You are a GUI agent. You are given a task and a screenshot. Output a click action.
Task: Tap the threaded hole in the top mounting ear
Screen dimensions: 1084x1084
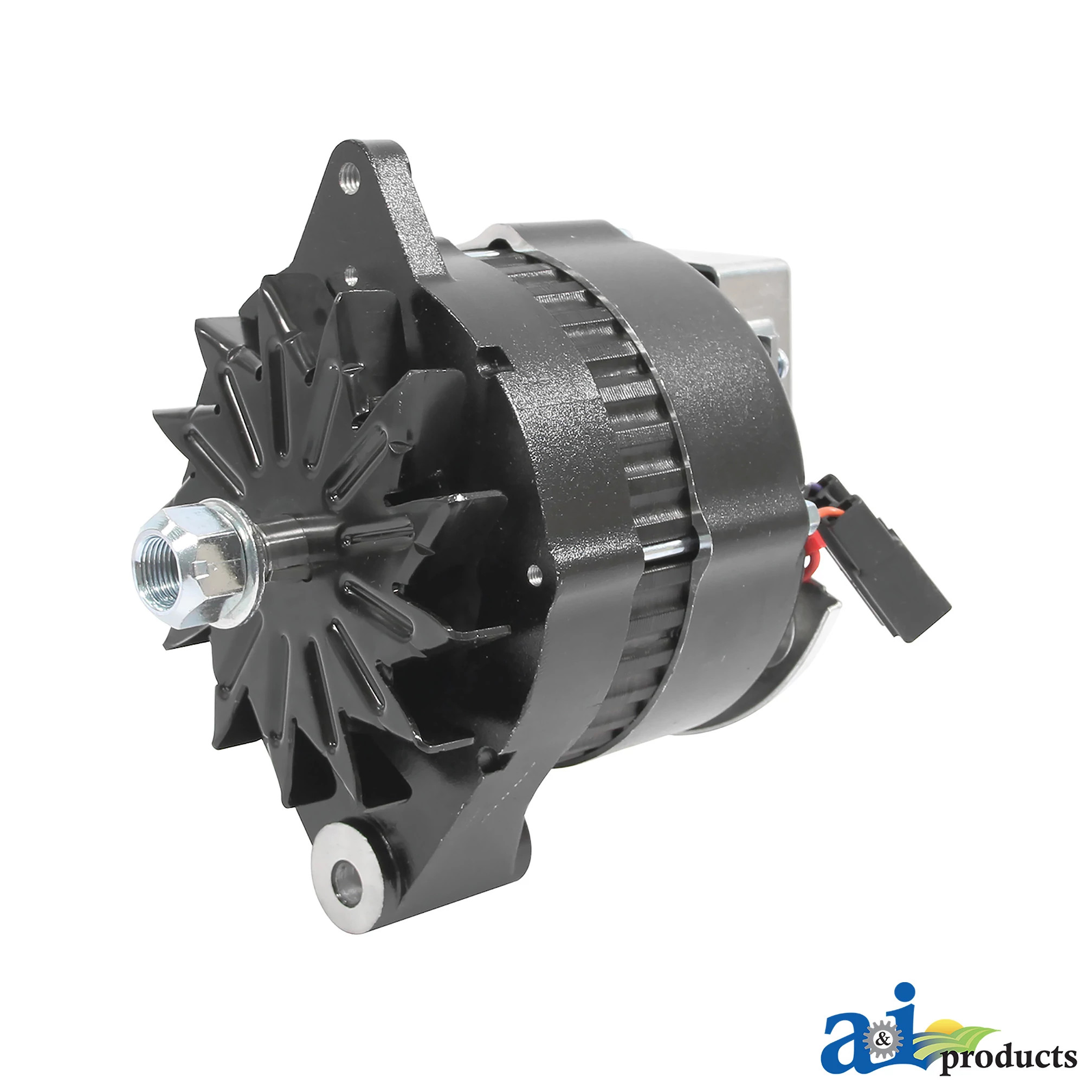coord(349,178)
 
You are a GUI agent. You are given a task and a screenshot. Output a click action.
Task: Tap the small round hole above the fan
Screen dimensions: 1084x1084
coord(351,274)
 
